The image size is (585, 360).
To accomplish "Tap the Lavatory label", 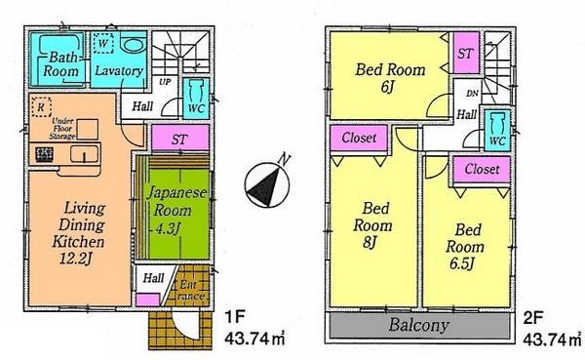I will coord(119,72).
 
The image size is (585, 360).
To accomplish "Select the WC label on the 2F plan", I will coord(495,141).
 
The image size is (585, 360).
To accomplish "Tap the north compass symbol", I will coord(265,180).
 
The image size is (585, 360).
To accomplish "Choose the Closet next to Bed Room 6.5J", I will coord(481,170).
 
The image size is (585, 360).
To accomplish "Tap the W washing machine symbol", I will coord(103,43).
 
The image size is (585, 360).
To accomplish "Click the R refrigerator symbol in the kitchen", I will coord(40,104).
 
